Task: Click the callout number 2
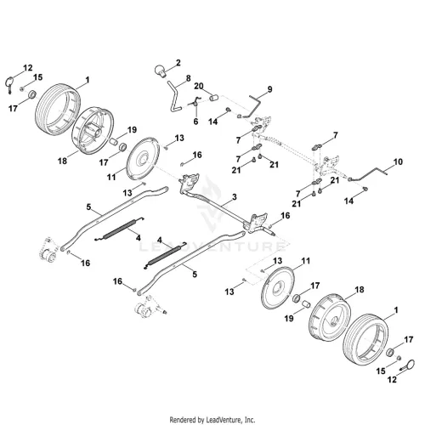(178, 63)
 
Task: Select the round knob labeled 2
(161, 71)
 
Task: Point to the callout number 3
(234, 197)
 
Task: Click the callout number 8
(189, 78)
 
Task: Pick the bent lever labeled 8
(174, 95)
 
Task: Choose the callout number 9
(269, 89)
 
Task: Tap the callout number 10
(398, 161)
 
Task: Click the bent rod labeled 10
(368, 173)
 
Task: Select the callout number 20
(199, 86)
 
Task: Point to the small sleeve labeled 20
(214, 98)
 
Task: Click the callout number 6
(195, 122)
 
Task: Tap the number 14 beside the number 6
(212, 122)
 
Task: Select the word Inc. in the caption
(250, 419)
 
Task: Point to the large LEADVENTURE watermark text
(212, 246)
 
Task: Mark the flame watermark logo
(211, 202)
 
